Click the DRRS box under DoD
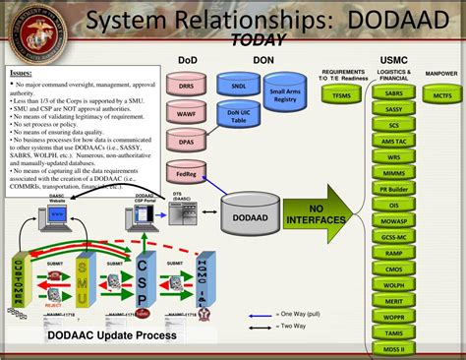[186, 88]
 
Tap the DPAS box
[186, 144]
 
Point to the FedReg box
[186, 174]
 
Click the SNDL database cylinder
[238, 86]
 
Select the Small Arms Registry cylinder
[286, 96]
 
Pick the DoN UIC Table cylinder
[238, 117]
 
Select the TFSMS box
[341, 94]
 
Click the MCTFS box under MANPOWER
[441, 94]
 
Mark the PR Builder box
[394, 187]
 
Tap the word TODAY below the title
[259, 40]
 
